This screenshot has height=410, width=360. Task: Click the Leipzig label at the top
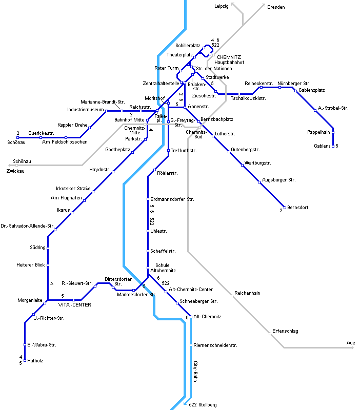click(x=221, y=6)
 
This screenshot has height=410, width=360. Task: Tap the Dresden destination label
click(x=276, y=7)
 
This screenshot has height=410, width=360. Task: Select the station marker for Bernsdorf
click(x=284, y=207)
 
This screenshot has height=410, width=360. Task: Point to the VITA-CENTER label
click(x=74, y=305)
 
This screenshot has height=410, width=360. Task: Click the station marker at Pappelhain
click(x=333, y=132)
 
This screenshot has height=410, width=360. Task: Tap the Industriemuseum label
click(x=86, y=110)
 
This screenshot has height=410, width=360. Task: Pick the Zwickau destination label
click(x=15, y=171)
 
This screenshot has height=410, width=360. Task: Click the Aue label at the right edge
click(x=351, y=342)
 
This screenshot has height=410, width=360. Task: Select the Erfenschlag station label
click(x=285, y=331)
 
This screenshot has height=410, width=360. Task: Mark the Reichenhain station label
click(x=247, y=293)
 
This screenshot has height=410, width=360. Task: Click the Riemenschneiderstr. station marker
click(x=191, y=345)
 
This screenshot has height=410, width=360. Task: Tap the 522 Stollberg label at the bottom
click(x=203, y=405)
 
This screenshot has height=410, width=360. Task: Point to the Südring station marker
click(x=48, y=248)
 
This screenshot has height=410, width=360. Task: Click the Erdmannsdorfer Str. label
click(x=172, y=199)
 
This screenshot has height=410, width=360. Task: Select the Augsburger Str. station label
click(x=279, y=180)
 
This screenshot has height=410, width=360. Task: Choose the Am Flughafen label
click(x=67, y=198)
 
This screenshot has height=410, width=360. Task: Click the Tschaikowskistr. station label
click(x=248, y=98)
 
